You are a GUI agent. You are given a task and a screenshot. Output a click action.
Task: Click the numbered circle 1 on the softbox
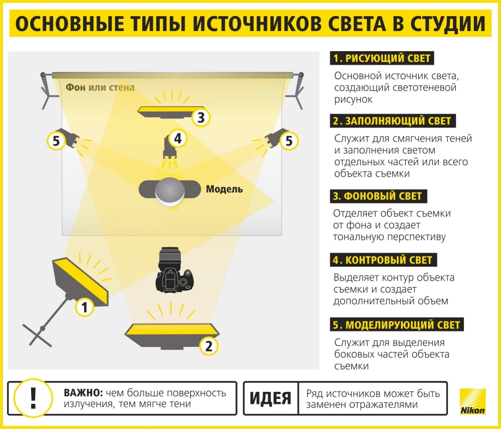pos(85,307)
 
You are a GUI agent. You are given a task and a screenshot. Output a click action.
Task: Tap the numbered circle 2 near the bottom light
pos(208,346)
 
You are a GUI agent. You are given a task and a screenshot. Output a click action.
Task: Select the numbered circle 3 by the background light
pos(201,117)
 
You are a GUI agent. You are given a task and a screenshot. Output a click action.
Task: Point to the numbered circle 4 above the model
pos(178,138)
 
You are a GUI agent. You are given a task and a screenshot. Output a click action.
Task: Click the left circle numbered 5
pos(56,141)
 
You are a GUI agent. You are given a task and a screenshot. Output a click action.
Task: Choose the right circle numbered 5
pos(289,141)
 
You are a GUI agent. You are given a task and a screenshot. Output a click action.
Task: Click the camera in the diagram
pos(174,270)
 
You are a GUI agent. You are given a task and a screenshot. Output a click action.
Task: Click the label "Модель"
pos(224,189)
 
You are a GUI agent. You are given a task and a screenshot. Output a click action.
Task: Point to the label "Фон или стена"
pos(100,87)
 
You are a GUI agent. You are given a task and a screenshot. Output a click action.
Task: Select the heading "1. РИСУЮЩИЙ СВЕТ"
pos(382,58)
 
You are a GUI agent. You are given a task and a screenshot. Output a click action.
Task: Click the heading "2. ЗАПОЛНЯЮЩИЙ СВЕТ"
pos(393,121)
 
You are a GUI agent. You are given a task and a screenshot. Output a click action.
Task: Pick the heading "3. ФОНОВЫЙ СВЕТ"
pos(378,196)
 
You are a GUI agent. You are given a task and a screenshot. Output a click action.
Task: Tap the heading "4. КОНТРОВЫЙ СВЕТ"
pos(383,260)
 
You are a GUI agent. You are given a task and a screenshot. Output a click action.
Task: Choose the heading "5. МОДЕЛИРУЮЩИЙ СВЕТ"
pos(397,324)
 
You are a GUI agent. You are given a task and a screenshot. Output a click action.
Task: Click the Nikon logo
pos(472,401)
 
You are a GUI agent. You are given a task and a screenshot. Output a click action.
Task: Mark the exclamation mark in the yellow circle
pos(33,397)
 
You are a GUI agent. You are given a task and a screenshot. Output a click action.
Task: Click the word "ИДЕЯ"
pos(271,398)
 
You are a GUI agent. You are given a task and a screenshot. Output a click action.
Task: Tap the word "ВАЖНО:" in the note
pos(83,392)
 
